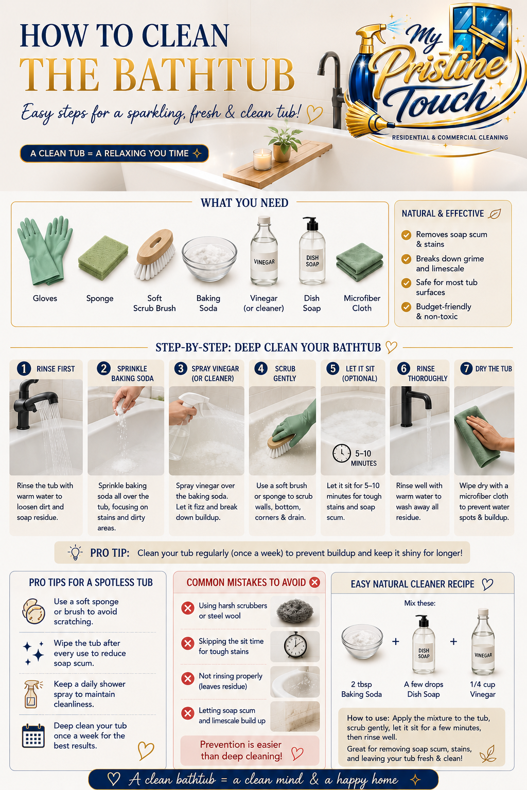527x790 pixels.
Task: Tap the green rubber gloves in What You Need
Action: (x=45, y=250)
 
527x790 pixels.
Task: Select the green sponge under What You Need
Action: (x=103, y=258)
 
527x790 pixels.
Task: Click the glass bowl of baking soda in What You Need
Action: (x=209, y=259)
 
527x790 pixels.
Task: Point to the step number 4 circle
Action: (x=261, y=369)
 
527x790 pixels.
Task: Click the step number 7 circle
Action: (x=466, y=369)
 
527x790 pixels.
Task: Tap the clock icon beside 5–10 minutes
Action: (x=342, y=453)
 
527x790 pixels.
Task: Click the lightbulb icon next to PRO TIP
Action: (x=75, y=552)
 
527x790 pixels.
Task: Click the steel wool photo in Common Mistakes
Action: (x=295, y=611)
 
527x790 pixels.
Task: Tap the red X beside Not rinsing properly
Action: (x=188, y=678)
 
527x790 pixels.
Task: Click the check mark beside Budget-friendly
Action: (x=406, y=307)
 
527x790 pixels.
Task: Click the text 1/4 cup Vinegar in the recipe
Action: (x=483, y=689)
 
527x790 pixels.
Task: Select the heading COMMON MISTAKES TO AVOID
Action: (x=246, y=582)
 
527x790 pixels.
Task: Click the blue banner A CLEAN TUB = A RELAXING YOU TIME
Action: (x=114, y=153)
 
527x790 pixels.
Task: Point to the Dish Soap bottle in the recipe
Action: (x=424, y=644)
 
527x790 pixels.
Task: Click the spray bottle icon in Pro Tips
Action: (x=32, y=694)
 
